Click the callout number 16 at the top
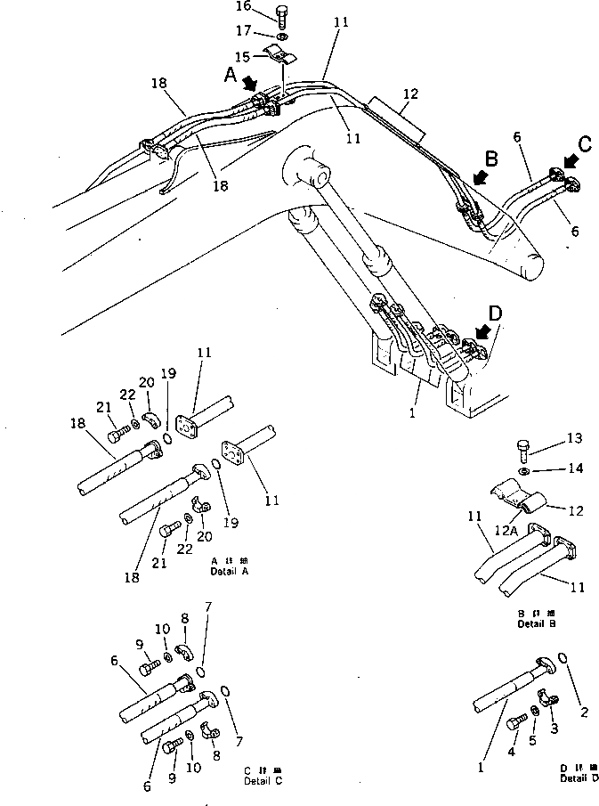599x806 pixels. [x=244, y=7]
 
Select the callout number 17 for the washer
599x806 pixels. [x=244, y=31]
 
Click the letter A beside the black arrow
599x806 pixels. [x=231, y=77]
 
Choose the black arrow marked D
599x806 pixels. [x=484, y=331]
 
